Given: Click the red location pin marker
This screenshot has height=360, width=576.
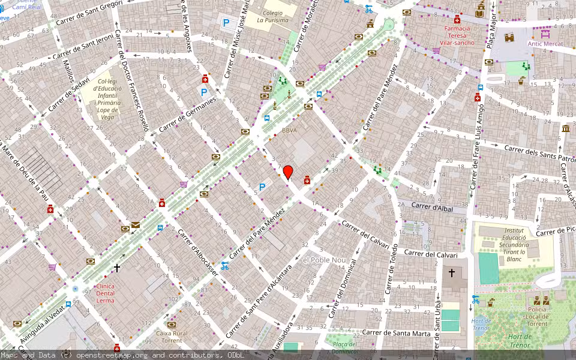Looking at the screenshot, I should [x=288, y=172].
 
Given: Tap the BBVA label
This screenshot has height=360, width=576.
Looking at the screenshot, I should [x=289, y=130].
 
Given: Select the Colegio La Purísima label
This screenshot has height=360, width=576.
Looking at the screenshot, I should [x=272, y=16].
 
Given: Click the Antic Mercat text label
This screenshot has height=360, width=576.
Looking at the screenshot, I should [x=545, y=44].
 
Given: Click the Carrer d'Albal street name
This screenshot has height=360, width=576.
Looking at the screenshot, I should [x=431, y=206].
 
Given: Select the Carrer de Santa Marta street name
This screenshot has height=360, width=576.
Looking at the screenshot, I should [x=397, y=333].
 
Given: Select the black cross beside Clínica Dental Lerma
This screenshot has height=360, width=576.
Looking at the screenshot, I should [x=117, y=268].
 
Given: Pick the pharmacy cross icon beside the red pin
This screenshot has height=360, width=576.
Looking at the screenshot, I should [x=307, y=179].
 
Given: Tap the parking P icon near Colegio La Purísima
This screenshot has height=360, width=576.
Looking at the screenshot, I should [x=226, y=23].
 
